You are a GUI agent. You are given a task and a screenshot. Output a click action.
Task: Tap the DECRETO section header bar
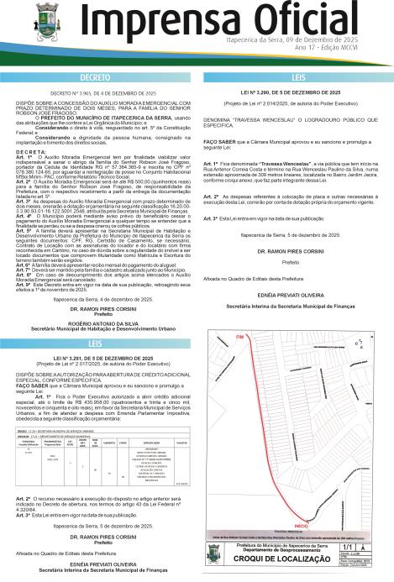coord(99,76)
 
